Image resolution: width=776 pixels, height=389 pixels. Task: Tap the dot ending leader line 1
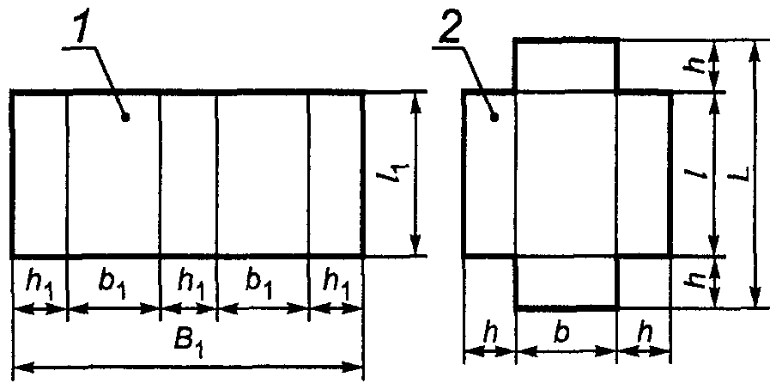tap(125, 118)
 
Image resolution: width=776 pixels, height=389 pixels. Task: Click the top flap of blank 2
tap(566, 64)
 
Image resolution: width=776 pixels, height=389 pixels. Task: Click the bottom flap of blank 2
tap(566, 282)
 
